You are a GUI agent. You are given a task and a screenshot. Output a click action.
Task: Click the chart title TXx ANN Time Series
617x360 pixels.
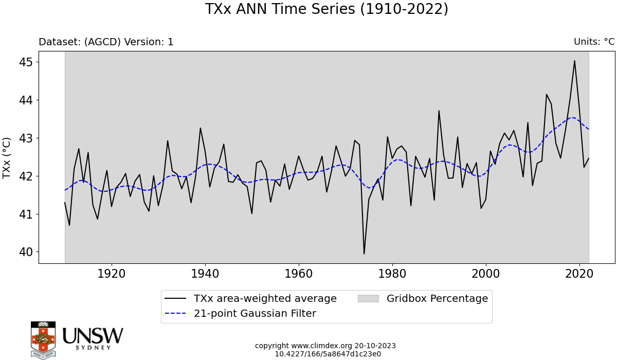pyautogui.click(x=326, y=9)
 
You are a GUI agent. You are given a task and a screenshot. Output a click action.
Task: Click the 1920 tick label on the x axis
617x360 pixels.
pyautogui.click(x=112, y=273)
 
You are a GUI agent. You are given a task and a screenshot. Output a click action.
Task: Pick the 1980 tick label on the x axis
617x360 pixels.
pyautogui.click(x=392, y=273)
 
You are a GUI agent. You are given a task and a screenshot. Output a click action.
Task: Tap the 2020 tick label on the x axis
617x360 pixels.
pyautogui.click(x=579, y=273)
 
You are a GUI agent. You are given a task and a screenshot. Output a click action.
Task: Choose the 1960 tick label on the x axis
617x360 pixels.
pyautogui.click(x=299, y=273)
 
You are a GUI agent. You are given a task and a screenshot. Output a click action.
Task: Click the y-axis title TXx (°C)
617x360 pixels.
pyautogui.click(x=7, y=158)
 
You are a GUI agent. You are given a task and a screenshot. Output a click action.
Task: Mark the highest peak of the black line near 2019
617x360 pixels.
pyautogui.click(x=574, y=61)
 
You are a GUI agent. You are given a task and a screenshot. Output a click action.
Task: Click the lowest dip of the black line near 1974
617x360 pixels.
pyautogui.click(x=364, y=254)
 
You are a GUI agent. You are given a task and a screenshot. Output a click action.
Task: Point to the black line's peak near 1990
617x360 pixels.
pyautogui.click(x=439, y=111)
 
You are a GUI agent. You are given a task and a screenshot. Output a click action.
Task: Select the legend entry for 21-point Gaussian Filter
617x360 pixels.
pyautogui.click(x=255, y=313)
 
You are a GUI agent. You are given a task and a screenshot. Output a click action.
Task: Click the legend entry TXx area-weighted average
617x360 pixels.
pyautogui.click(x=265, y=299)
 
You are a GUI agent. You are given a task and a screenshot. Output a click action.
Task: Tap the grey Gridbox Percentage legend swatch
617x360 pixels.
pyautogui.click(x=368, y=299)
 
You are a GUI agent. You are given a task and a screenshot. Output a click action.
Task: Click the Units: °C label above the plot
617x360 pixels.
pyautogui.click(x=594, y=42)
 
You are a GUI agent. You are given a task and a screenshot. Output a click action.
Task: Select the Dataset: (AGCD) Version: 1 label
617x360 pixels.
pyautogui.click(x=106, y=42)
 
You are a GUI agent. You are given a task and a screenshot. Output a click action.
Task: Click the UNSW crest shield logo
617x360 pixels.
pyautogui.click(x=43, y=339)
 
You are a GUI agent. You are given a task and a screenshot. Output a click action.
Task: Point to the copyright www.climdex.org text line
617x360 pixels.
pyautogui.click(x=325, y=346)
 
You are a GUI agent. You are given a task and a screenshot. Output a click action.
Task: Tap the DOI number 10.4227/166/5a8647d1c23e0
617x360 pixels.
pyautogui.click(x=328, y=354)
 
